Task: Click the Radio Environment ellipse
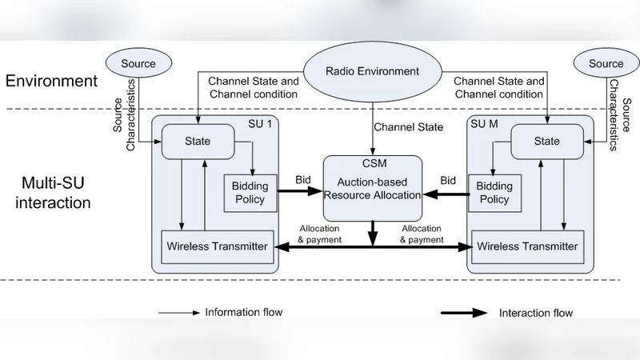(x=371, y=71)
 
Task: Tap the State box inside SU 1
(x=197, y=141)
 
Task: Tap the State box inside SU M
(x=546, y=141)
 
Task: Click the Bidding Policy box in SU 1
(x=250, y=192)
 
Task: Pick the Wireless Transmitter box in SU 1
(x=217, y=246)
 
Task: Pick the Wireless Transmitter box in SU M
(x=524, y=246)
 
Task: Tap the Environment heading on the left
(x=51, y=81)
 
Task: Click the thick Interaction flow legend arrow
(x=464, y=313)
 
